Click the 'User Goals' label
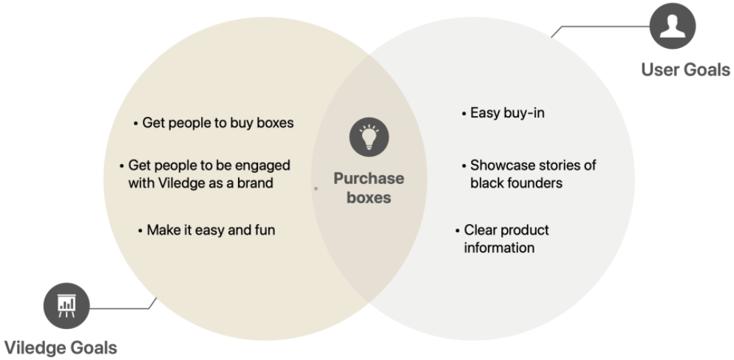[x=685, y=70]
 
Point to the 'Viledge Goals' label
[x=61, y=347]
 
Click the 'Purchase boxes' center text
[x=369, y=188]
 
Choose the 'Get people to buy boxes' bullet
[x=213, y=123]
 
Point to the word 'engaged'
[x=263, y=165]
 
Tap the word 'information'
[x=499, y=248]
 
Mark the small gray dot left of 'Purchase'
[x=316, y=189]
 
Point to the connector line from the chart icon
[x=122, y=306]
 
